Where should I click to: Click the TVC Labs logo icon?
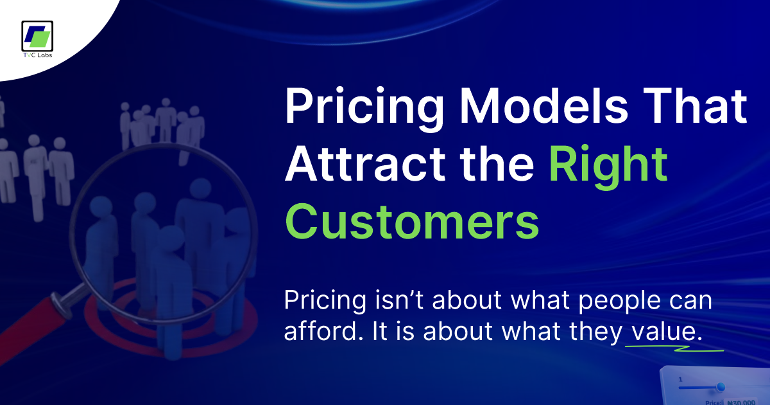point(37,37)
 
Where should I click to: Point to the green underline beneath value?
point(674,348)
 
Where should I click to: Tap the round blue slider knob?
point(721,387)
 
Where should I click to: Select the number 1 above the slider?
point(680,379)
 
